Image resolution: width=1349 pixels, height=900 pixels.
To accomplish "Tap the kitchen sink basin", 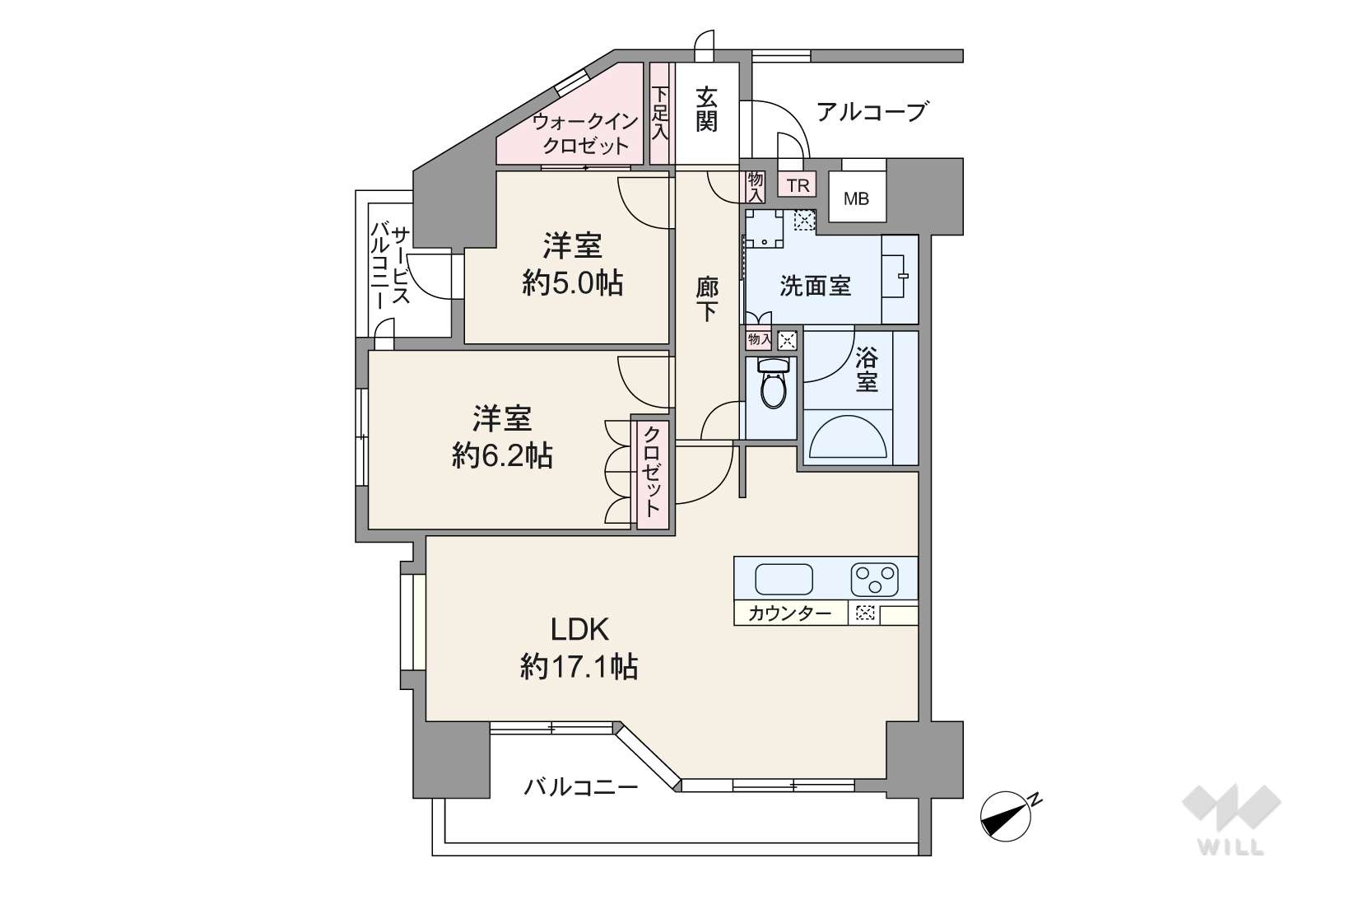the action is pyautogui.click(x=784, y=579).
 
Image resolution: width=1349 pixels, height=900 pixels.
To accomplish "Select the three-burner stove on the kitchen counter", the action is pyautogui.click(x=874, y=579).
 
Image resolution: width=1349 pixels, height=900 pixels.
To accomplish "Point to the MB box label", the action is pyautogui.click(x=856, y=198).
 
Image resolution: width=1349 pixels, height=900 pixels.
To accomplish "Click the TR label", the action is pyautogui.click(x=798, y=185).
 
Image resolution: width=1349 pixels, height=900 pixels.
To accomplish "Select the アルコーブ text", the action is pyautogui.click(x=871, y=112).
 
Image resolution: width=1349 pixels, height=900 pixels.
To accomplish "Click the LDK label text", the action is pyautogui.click(x=580, y=630).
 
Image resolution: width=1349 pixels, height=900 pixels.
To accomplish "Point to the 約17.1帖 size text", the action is pyautogui.click(x=579, y=668).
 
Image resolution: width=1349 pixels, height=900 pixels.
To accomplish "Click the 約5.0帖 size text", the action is pyautogui.click(x=572, y=282).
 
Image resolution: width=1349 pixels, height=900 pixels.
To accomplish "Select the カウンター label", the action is pyautogui.click(x=789, y=613).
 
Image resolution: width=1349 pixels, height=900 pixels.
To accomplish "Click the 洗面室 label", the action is pyautogui.click(x=815, y=287).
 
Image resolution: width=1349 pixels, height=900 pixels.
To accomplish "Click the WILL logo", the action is pyautogui.click(x=1231, y=819).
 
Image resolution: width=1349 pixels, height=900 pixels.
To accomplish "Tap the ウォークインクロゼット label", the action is pyautogui.click(x=584, y=133).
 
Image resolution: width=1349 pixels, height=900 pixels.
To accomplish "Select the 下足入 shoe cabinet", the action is pyautogui.click(x=661, y=114).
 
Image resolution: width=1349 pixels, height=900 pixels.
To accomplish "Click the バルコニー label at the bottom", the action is pyautogui.click(x=580, y=786).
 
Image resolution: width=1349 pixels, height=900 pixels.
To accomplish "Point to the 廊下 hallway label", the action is pyautogui.click(x=706, y=300).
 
